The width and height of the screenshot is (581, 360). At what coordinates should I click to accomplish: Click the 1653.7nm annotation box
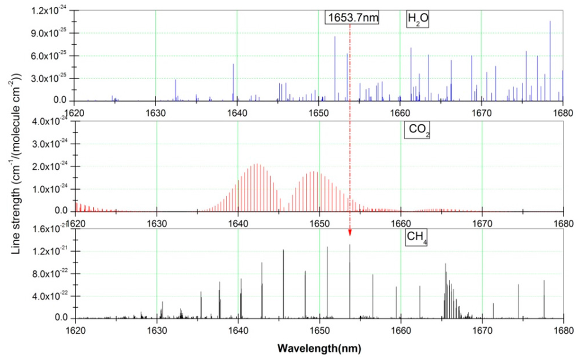[352, 17]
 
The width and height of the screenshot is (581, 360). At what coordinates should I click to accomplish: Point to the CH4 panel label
[417, 238]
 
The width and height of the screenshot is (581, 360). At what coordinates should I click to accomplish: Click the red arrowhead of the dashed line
[350, 232]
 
